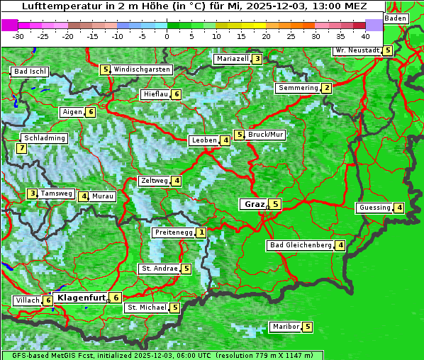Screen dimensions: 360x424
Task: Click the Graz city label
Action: click(253, 204)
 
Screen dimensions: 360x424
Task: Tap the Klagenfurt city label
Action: click(81, 298)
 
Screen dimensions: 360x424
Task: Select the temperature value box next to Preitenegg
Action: click(202, 232)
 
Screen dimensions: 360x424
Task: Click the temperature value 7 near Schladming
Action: click(22, 148)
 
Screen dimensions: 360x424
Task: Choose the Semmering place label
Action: click(298, 88)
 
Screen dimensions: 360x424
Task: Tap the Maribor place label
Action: click(285, 327)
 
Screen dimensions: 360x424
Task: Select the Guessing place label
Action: click(374, 208)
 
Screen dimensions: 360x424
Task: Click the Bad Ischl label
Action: click(30, 72)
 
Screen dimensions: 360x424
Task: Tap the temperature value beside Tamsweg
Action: click(32, 193)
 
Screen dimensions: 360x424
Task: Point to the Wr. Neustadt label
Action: click(357, 50)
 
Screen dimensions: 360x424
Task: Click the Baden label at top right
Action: click(396, 18)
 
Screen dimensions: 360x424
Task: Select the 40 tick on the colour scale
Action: click(365, 35)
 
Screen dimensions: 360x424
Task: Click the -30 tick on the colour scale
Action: click(18, 35)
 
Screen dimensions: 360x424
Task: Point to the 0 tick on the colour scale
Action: click(167, 35)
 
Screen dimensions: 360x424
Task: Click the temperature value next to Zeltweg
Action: click(177, 181)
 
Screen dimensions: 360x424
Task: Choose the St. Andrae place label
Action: click(159, 269)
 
